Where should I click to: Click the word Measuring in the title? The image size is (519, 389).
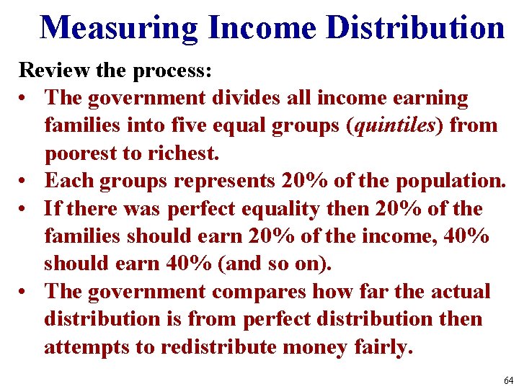point(119,27)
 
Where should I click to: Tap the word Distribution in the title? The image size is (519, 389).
point(415,27)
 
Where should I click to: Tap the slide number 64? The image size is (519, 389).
point(509,380)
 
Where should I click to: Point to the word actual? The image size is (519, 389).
point(462,292)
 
